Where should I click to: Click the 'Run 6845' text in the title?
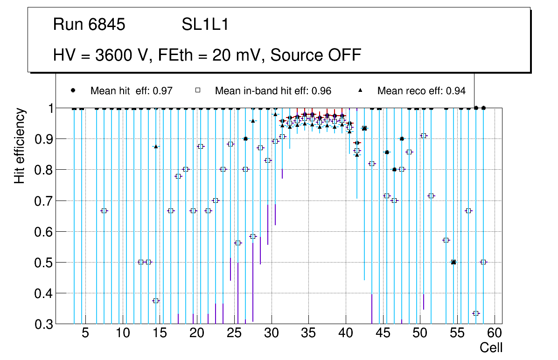(89, 25)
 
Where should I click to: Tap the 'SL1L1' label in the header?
(205, 25)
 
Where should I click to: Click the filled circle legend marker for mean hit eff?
(73, 90)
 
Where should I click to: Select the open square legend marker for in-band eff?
(197, 90)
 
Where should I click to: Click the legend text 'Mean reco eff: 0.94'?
(421, 91)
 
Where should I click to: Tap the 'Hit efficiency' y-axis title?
(20, 146)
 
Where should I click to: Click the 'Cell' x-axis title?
(491, 347)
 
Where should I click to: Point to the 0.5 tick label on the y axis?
(44, 263)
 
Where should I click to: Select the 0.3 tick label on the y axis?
(44, 324)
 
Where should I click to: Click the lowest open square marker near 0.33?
(476, 313)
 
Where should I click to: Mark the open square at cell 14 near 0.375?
(156, 301)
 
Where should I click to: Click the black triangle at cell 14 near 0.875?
(156, 146)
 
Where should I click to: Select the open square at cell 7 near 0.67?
(104, 211)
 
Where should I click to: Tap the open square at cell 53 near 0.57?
(446, 240)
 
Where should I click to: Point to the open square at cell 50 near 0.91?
(424, 136)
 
